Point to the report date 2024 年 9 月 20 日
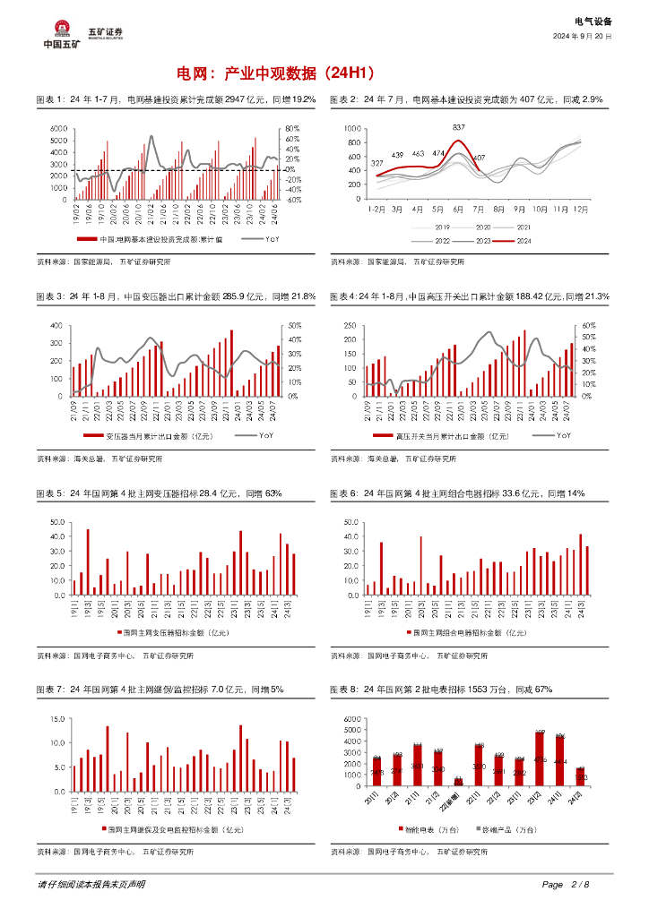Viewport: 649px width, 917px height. tap(582, 37)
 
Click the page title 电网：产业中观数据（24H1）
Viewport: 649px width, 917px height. tap(276, 73)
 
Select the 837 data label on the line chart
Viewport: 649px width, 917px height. tap(459, 127)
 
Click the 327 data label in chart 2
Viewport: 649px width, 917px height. tap(377, 163)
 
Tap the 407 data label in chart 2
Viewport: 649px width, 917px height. tap(479, 158)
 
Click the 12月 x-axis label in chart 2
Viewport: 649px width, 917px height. tap(580, 208)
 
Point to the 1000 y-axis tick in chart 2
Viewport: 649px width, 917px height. tap(350, 130)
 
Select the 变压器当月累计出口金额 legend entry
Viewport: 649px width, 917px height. tap(151, 436)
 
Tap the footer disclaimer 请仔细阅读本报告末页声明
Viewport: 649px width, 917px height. tap(91, 885)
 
